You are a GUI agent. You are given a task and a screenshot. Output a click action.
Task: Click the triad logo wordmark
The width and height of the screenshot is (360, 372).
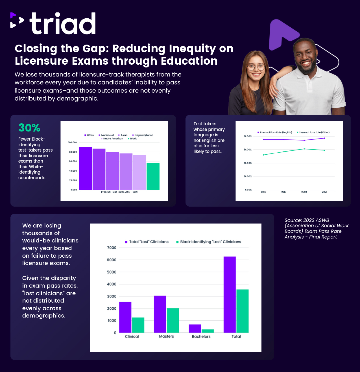[63, 24]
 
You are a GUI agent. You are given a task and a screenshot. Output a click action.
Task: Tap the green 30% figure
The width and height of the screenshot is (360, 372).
[29, 128]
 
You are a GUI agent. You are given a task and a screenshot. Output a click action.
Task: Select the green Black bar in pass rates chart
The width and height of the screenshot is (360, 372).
[153, 176]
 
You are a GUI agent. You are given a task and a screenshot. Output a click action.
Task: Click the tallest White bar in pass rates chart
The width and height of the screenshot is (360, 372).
[86, 168]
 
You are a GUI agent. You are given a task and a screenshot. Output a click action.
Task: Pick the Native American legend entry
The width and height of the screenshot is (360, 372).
[112, 139]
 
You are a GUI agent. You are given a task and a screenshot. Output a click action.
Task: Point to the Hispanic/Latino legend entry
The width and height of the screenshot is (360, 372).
[143, 135]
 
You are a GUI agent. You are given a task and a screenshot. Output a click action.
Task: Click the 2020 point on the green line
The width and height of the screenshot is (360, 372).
[304, 149]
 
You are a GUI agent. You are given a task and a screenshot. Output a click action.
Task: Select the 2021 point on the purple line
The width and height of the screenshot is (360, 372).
[324, 138]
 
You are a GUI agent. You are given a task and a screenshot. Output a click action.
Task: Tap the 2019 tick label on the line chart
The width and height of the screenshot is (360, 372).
[284, 192]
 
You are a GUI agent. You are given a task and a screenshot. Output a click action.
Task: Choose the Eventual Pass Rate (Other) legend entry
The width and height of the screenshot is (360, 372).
[313, 132]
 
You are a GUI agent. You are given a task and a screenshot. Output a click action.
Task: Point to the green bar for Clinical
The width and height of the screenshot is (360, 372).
[138, 325]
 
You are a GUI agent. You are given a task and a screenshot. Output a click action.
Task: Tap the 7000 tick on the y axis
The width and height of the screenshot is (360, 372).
[112, 248]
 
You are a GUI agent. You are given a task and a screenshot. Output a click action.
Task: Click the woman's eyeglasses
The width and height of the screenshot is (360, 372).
[256, 67]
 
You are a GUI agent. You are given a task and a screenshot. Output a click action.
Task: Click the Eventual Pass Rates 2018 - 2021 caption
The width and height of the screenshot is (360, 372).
[119, 192]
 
